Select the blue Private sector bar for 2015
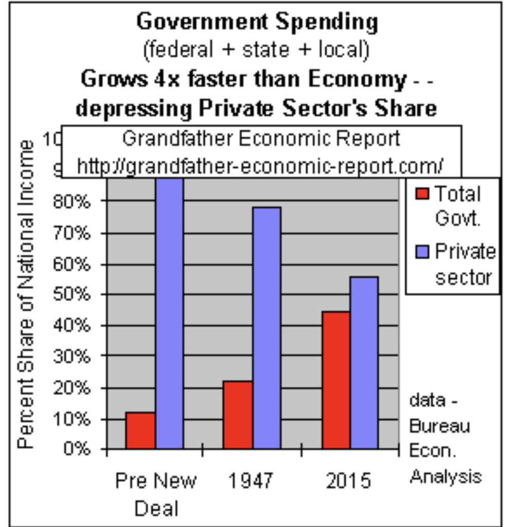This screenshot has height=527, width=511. click(364, 362)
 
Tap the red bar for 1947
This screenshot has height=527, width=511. click(238, 415)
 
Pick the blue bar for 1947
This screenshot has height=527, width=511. click(267, 328)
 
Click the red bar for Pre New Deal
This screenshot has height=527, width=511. click(140, 430)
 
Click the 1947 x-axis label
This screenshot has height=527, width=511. click(251, 481)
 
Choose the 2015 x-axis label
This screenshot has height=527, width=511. click(348, 481)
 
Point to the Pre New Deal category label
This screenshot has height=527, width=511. click(156, 494)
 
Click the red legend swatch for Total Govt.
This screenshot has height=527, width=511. click(422, 194)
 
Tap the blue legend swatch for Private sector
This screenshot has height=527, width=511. click(422, 252)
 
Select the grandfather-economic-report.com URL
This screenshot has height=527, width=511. click(260, 166)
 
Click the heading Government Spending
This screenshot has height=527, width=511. click(257, 22)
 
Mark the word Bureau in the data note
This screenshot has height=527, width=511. click(439, 427)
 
